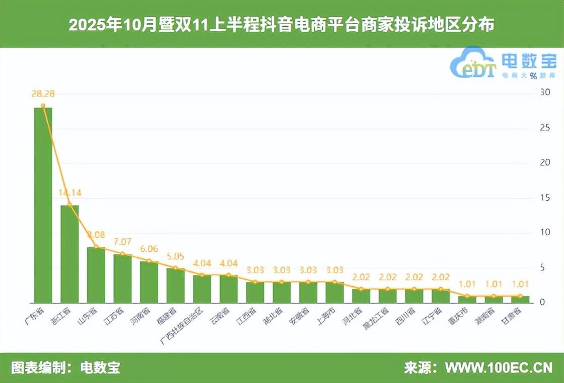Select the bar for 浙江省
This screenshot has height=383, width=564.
coord(69,254)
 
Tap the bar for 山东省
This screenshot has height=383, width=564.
coord(96,275)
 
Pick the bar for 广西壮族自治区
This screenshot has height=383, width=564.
coord(202,289)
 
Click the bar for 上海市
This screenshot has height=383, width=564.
coord(335,293)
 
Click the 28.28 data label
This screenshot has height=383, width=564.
coord(43,93)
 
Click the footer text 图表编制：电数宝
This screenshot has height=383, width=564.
coord(65,368)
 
